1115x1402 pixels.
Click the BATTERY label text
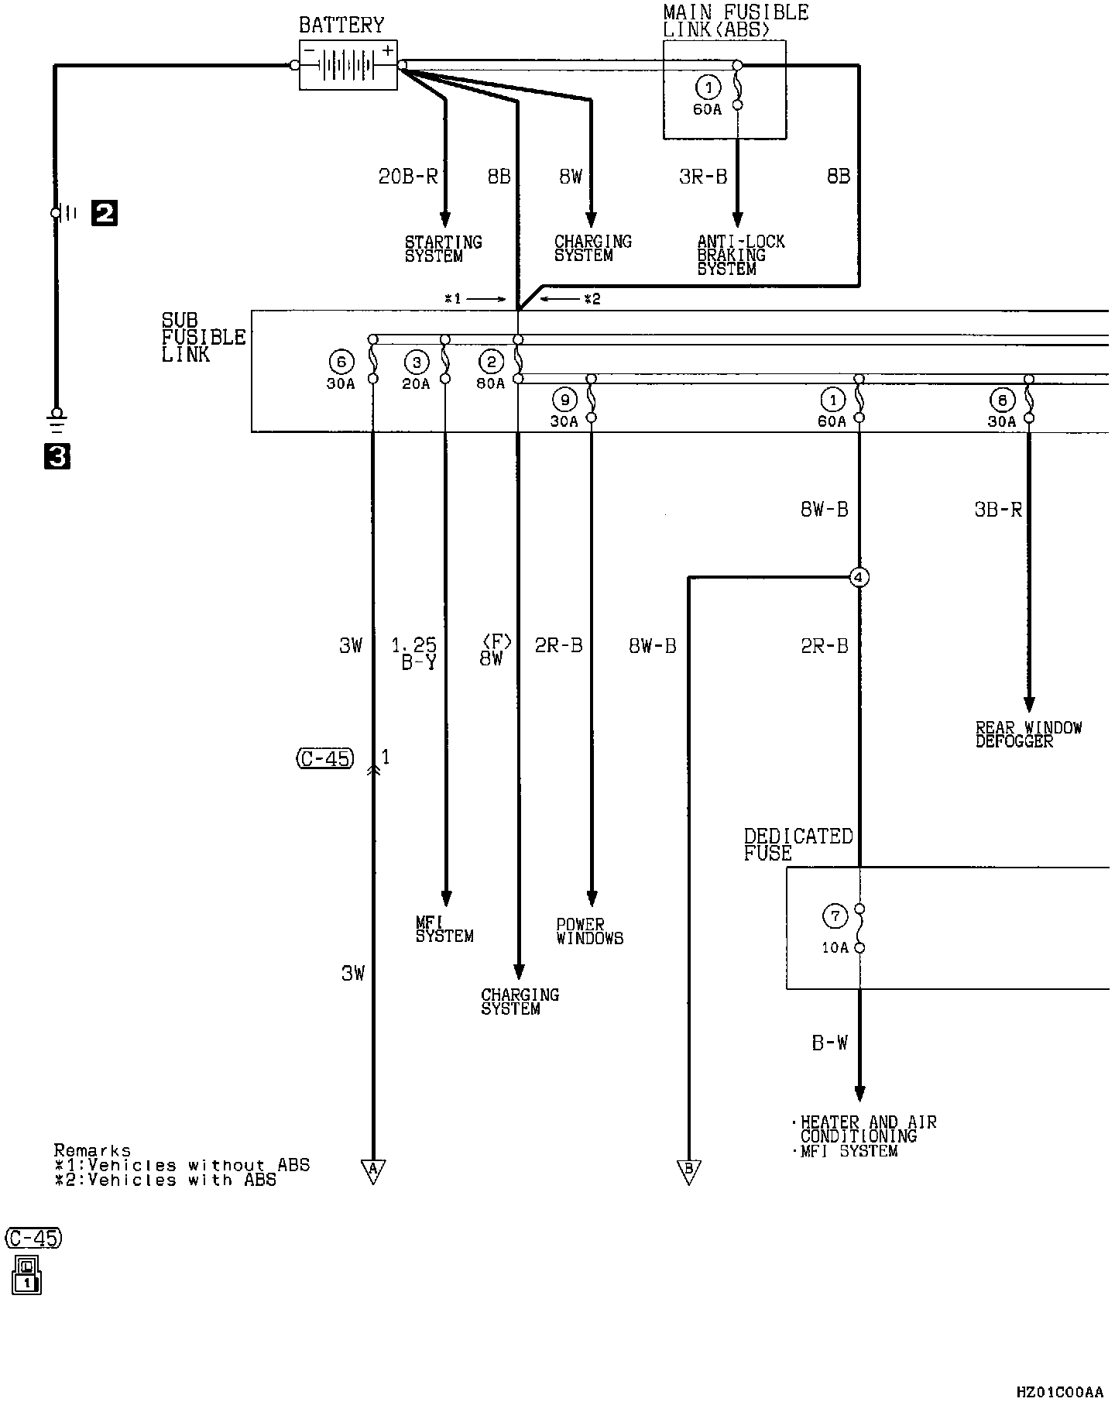tap(341, 25)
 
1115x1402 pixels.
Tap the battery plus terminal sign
tap(388, 51)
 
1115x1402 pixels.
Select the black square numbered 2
tap(105, 212)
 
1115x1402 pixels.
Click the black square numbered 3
tap(57, 457)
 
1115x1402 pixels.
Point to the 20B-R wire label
tap(408, 177)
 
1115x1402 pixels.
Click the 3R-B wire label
tap(703, 177)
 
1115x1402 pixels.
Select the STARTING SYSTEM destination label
tap(444, 249)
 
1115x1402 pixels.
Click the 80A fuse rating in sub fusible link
tap(491, 383)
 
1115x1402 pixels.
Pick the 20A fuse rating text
tap(416, 383)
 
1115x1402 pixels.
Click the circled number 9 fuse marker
tap(564, 400)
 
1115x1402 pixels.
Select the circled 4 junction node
tap(859, 577)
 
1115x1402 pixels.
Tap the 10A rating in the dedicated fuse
tap(835, 947)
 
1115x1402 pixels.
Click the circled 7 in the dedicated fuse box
tap(835, 917)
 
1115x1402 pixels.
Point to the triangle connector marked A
tap(372, 1171)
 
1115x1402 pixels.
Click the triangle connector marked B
tap(688, 1171)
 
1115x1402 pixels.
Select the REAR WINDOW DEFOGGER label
tap(1029, 734)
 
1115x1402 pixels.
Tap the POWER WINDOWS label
tap(590, 931)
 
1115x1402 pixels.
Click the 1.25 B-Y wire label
tap(414, 653)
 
